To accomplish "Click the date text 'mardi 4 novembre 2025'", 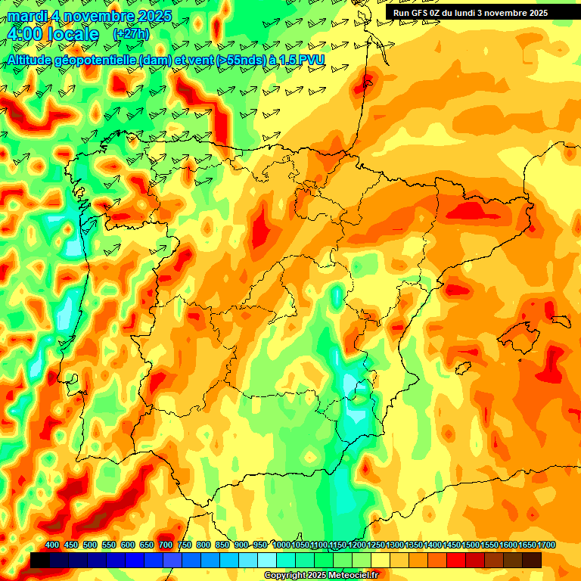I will pyautogui.click(x=89, y=15).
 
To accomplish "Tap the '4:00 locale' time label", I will pyautogui.click(x=53, y=34).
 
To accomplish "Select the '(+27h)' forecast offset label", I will pyautogui.click(x=132, y=34).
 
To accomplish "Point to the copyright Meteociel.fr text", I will pyautogui.click(x=321, y=576).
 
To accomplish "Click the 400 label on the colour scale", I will pyautogui.click(x=52, y=545).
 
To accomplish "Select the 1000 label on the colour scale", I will pyautogui.click(x=281, y=545).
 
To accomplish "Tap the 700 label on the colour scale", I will pyautogui.click(x=166, y=545).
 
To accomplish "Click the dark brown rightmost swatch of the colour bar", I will pyautogui.click(x=532, y=560).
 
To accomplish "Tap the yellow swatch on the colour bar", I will pyautogui.click(x=381, y=560).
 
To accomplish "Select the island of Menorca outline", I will pyautogui.click(x=559, y=320).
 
